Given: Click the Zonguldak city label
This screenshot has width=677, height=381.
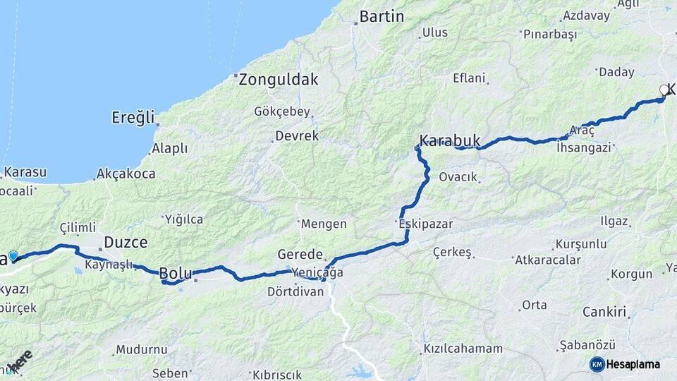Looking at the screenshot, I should tap(278, 80).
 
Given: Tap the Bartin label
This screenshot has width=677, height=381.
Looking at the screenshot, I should tap(382, 16).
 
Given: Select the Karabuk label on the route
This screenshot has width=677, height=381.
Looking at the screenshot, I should tap(450, 141).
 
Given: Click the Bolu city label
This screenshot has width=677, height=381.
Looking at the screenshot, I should tap(176, 273).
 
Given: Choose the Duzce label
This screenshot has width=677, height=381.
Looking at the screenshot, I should tap(126, 243).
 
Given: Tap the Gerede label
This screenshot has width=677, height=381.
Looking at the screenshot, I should tap(300, 255).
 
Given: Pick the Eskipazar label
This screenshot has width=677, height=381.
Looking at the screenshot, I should tap(425, 224).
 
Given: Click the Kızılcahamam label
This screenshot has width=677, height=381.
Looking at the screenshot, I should tap(463, 349).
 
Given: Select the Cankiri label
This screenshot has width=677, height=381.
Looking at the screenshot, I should tap(605, 312).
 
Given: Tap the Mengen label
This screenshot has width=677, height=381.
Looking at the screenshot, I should tap(324, 224).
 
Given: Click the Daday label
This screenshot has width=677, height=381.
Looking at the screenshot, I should tap(616, 72).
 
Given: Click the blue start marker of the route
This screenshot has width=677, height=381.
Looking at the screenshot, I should tap(13, 255).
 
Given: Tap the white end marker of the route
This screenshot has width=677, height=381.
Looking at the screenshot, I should tap(663, 90).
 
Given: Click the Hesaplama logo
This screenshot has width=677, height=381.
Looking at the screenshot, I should tap(625, 364).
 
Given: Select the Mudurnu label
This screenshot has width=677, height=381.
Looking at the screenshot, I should tap(142, 349).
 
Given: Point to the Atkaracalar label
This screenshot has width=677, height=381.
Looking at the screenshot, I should tap(548, 260).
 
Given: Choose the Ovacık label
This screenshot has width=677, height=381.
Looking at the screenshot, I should tap(458, 177).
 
